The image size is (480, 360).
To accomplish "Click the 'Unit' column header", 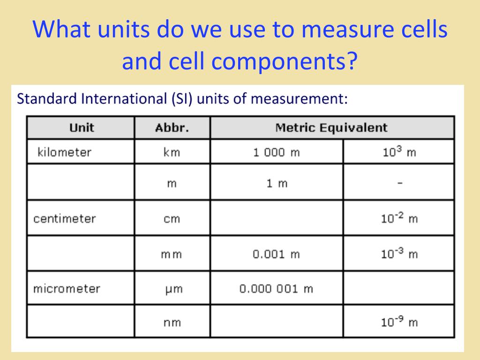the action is (x=82, y=127).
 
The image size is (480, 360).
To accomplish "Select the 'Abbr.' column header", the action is (x=172, y=127).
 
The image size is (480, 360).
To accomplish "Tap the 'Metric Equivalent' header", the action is (x=331, y=127).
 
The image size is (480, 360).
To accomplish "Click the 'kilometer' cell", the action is (x=64, y=152).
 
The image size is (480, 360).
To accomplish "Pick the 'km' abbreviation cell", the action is (x=172, y=152).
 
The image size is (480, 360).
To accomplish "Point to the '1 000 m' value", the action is (x=277, y=152).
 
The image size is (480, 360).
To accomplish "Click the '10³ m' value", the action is (x=399, y=151).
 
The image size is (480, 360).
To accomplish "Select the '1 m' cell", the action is (x=277, y=183).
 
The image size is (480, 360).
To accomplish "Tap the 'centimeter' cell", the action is (x=65, y=219).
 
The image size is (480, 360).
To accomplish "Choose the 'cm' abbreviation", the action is (x=172, y=219).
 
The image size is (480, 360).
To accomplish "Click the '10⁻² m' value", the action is (x=399, y=218).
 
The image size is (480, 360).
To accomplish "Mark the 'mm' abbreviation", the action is (x=172, y=255).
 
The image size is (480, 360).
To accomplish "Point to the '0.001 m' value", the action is (x=276, y=254).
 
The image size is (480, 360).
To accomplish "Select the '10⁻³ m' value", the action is (x=399, y=253).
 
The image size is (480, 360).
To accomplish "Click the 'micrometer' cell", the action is (x=67, y=289).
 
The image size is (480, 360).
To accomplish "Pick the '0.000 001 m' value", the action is (x=276, y=289).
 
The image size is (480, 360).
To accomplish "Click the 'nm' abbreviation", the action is (x=172, y=322).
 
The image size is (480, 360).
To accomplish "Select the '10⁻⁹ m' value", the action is (x=399, y=322).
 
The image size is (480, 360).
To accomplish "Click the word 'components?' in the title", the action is (x=285, y=61).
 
